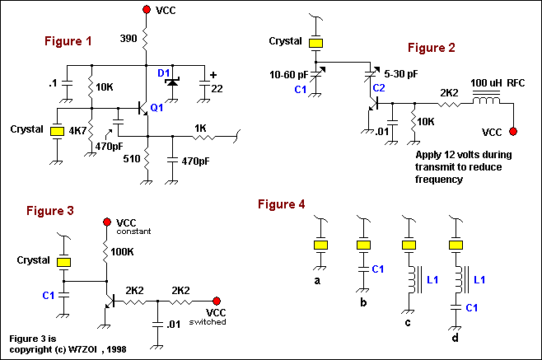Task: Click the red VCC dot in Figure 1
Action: point(147,11)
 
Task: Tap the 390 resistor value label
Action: point(128,40)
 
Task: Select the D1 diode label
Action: point(165,74)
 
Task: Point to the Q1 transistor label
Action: point(157,107)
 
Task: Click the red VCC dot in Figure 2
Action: point(512,132)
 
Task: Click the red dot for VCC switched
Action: point(217,302)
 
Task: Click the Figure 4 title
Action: point(285,203)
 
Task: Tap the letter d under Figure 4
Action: point(453,338)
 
